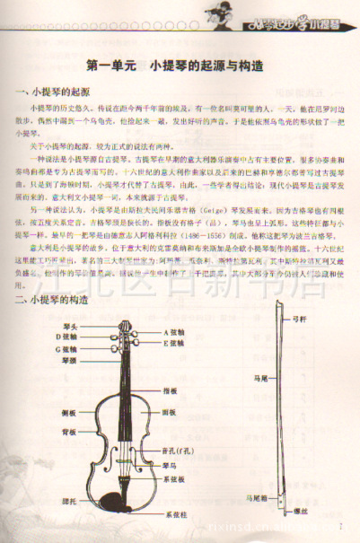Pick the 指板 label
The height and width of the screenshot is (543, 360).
[170, 391]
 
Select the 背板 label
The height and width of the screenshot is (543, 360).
[67, 431]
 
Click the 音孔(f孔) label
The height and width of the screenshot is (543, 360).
[177, 451]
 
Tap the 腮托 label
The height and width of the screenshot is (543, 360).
[67, 499]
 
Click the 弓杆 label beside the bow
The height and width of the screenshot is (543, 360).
[300, 320]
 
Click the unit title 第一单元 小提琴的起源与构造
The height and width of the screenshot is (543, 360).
[180, 66]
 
